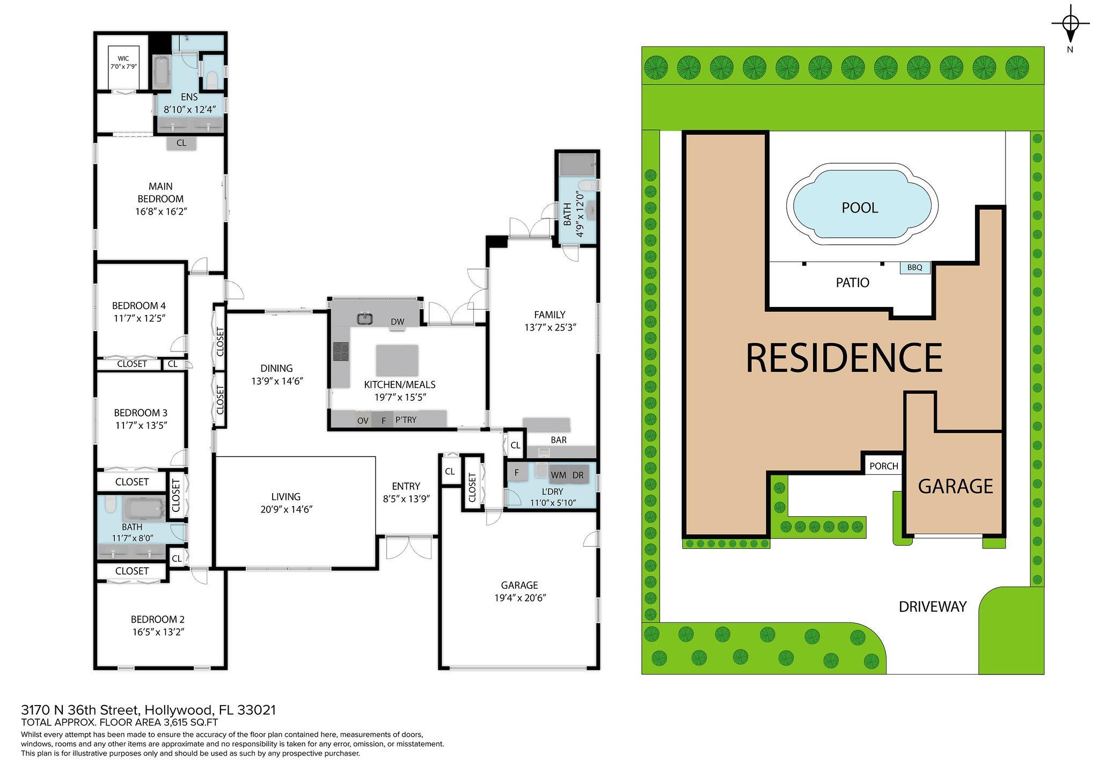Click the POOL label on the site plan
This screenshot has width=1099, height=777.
point(860,208)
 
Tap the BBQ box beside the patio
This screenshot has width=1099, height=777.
point(915,267)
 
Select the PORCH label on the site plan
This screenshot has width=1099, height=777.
point(884,466)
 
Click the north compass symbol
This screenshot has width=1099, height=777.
point(1071,24)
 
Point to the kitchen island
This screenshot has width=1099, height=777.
point(397,361)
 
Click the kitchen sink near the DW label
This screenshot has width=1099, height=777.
point(365,318)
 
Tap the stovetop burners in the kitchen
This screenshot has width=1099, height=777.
point(341,352)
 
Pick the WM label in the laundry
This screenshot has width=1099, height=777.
point(558,475)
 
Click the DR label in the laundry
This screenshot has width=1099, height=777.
point(578,475)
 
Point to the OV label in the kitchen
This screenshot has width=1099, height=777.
point(363,421)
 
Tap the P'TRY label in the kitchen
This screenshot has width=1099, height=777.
point(406,420)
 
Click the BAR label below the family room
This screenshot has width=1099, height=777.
point(559,440)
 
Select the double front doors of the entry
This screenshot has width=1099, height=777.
point(408,547)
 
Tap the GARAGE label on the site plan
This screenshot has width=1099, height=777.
point(955,486)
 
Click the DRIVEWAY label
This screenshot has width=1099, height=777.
point(933,607)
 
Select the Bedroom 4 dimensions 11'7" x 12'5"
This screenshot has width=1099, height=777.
point(139,318)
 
